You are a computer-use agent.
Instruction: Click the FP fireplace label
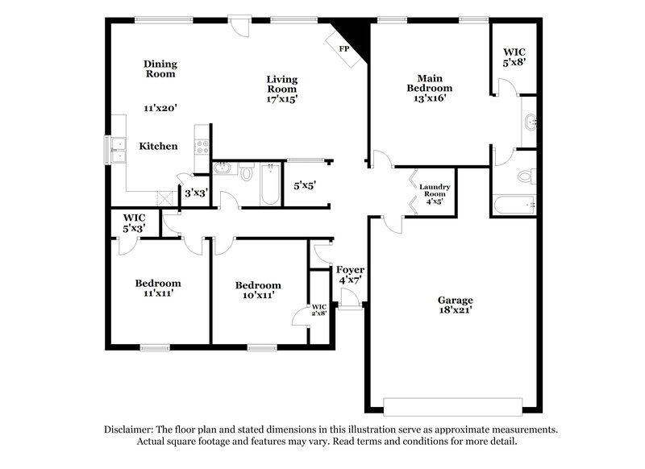tap(343, 49)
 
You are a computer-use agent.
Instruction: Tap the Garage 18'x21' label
tap(456, 304)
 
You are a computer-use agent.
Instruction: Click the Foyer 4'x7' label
tap(350, 274)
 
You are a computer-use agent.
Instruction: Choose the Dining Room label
tap(160, 69)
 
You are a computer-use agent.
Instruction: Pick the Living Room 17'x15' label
tap(282, 89)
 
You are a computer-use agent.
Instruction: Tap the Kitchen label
tap(159, 146)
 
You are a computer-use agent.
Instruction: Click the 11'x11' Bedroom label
tap(157, 288)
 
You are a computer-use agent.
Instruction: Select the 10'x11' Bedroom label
tap(258, 290)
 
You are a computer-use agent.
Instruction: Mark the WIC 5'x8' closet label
tap(514, 56)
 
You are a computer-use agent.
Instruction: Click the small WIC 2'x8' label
tap(318, 309)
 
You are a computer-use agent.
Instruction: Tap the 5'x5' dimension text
tap(304, 185)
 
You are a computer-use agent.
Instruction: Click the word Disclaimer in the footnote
tap(131, 430)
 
